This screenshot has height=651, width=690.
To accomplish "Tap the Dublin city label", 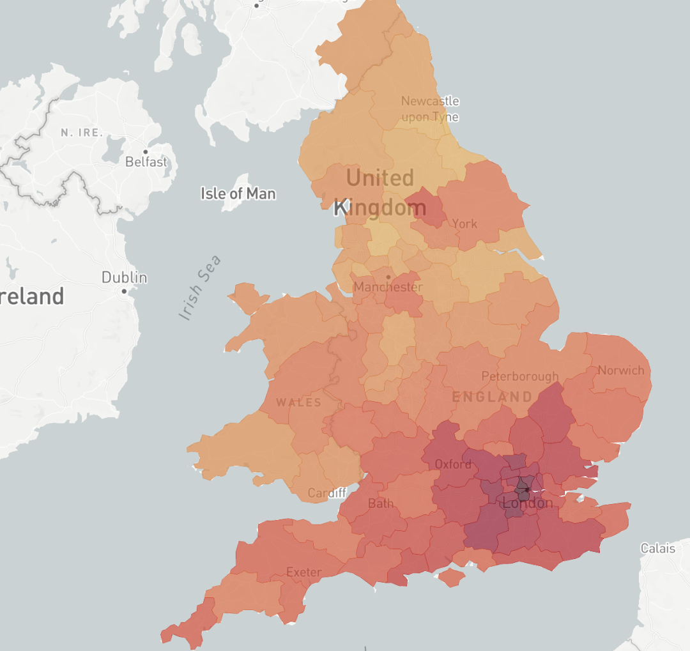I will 124,278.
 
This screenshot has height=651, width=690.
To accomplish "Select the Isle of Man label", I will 238,193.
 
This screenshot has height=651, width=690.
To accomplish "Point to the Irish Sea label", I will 200,287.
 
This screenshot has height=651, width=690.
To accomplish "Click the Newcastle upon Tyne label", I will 430,109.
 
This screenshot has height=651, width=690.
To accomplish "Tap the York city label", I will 464,224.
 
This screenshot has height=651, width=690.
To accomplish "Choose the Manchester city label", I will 388,287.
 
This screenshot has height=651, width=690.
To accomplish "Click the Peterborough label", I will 519,376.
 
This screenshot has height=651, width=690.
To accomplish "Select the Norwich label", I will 621,371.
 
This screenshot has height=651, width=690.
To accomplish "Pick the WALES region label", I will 298,402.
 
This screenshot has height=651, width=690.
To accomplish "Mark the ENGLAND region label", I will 492,397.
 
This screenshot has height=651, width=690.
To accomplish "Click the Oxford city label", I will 453,463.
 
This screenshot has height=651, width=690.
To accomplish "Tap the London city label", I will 528,503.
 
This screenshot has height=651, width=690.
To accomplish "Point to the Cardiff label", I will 327,493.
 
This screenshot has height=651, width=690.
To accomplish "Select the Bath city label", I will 381,503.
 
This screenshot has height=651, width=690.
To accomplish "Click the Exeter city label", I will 304,572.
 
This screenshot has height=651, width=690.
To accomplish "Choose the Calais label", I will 658,548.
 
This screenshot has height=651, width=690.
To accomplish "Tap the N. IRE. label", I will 82,133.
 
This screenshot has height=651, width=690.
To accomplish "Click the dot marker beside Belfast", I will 146,152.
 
